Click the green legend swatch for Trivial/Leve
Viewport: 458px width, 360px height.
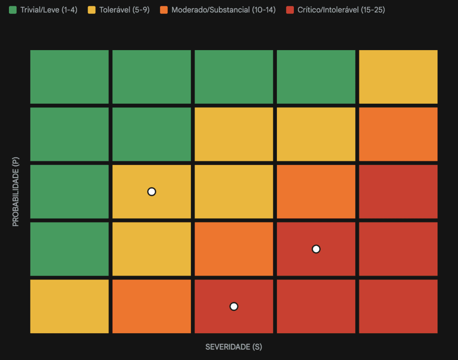(x=13, y=10)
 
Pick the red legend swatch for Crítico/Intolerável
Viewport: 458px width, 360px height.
(x=289, y=10)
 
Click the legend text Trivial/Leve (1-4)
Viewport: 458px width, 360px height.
(x=49, y=10)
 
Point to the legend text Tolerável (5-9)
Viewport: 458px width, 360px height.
(x=124, y=10)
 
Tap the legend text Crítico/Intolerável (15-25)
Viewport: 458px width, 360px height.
(x=341, y=10)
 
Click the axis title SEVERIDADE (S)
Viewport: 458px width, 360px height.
(x=233, y=347)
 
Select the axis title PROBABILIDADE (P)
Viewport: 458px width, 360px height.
(x=16, y=191)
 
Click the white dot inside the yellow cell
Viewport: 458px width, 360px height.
(x=152, y=192)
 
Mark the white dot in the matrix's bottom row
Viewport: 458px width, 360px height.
(x=233, y=306)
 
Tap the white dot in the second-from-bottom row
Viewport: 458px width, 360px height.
(x=316, y=249)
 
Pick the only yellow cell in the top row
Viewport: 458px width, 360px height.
(x=398, y=77)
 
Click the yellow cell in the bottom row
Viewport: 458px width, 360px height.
(x=69, y=306)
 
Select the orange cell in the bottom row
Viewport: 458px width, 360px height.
(x=152, y=306)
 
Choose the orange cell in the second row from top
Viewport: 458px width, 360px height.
(x=398, y=134)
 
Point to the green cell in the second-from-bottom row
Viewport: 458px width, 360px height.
(x=69, y=249)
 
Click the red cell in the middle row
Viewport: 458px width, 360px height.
(x=398, y=192)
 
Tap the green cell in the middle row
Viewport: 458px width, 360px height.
(x=69, y=192)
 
